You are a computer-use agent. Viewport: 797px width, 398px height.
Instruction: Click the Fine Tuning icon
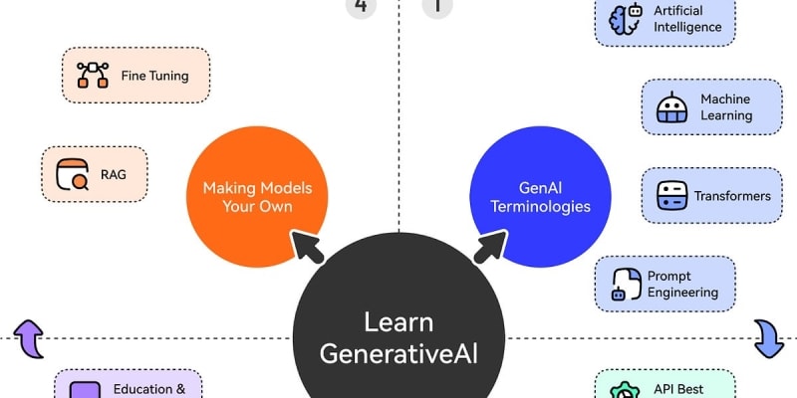click(x=92, y=75)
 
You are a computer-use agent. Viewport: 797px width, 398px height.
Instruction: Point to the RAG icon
click(x=73, y=174)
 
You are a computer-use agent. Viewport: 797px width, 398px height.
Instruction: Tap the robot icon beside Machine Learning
click(x=672, y=107)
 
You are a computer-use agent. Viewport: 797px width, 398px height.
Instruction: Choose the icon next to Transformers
click(x=672, y=196)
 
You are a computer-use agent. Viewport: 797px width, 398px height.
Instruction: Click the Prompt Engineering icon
click(x=625, y=285)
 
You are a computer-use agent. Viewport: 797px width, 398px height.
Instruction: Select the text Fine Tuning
click(x=154, y=76)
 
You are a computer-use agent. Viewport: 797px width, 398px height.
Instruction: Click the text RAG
click(x=114, y=175)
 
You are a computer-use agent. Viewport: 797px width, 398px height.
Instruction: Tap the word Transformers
click(x=732, y=196)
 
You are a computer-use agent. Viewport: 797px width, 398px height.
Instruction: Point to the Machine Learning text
click(x=725, y=107)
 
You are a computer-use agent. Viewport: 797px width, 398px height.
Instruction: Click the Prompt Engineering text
click(x=682, y=285)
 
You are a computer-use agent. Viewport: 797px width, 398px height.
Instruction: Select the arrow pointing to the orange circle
click(x=308, y=247)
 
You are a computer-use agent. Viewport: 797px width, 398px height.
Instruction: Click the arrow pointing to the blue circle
click(x=489, y=247)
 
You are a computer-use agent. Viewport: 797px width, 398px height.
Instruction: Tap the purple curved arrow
click(x=27, y=338)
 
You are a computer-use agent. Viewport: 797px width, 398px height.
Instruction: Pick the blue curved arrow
click(x=768, y=338)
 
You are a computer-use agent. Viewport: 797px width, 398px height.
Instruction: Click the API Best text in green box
click(x=681, y=389)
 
